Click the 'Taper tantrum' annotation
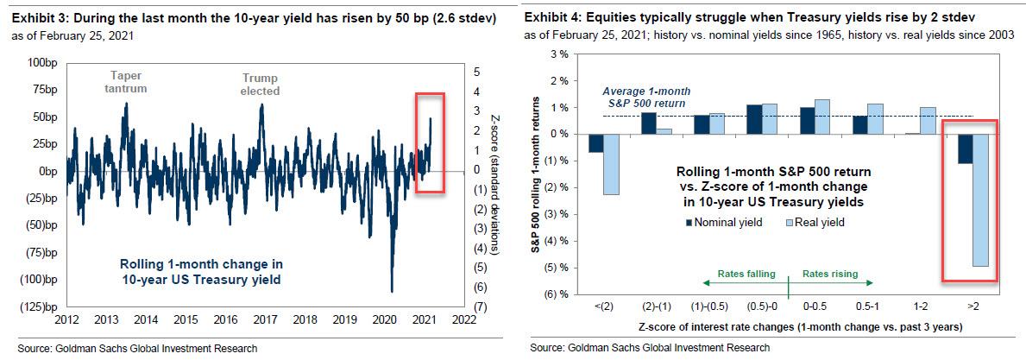point(126,81)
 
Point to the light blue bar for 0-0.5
point(823,117)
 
